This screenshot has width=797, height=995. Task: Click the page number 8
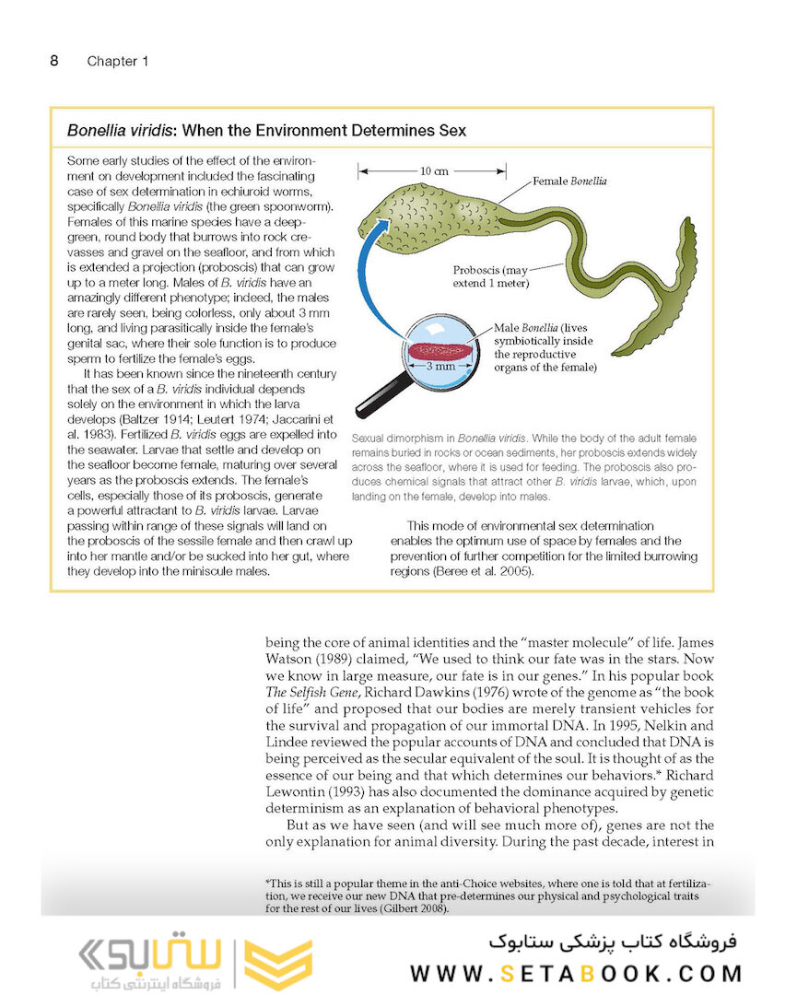[54, 61]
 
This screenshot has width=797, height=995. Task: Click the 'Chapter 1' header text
[117, 62]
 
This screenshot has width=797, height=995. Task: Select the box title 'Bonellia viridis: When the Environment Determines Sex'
[266, 131]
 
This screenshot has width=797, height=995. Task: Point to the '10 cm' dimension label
[433, 171]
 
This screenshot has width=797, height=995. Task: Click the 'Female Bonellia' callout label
[569, 181]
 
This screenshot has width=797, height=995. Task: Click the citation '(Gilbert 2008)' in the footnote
[411, 908]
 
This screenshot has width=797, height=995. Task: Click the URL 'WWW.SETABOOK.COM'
[576, 974]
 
